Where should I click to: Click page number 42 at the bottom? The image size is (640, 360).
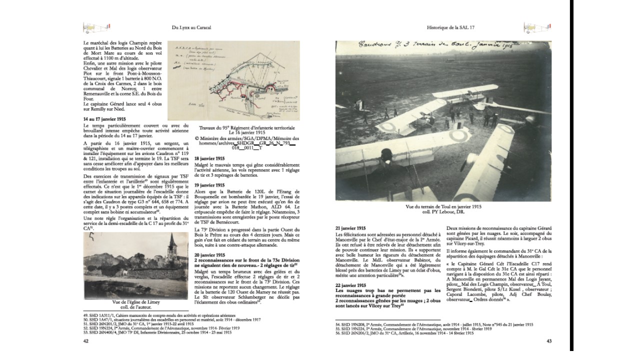coord(85,341)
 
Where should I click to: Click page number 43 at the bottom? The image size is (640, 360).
coord(549,341)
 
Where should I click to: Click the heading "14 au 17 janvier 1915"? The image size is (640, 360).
coord(104,119)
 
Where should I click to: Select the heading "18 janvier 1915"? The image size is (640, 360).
coord(210,158)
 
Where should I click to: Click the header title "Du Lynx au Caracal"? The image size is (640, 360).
coord(192,28)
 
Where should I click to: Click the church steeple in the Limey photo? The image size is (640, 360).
coord(171,243)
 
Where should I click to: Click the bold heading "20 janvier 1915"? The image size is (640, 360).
coord(210,254)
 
